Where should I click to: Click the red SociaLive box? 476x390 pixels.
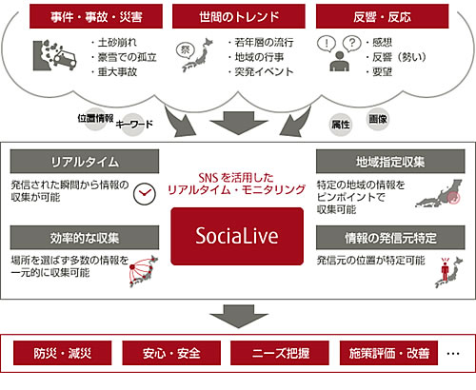tap(237, 234)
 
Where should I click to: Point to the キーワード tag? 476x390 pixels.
tap(133, 125)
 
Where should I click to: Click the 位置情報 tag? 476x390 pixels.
tap(96, 117)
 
